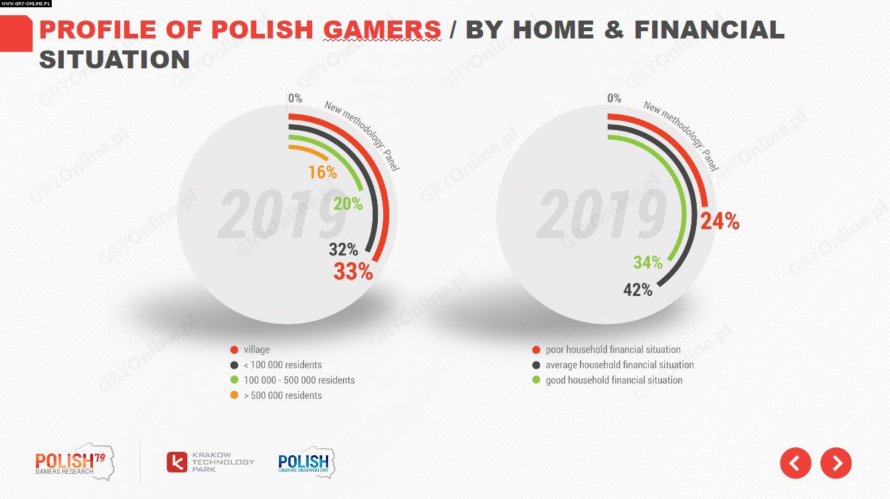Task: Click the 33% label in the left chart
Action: click(x=353, y=271)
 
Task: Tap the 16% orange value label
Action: click(x=322, y=173)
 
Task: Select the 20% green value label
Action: click(x=348, y=204)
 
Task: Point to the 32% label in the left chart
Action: click(x=343, y=249)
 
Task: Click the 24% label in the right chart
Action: click(x=719, y=220)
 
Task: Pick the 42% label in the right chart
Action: click(x=638, y=290)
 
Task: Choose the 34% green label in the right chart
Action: click(x=648, y=263)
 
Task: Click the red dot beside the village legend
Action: click(x=234, y=350)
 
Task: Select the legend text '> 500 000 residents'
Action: click(x=282, y=395)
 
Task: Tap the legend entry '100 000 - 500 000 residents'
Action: click(x=299, y=380)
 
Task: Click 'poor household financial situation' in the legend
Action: click(x=612, y=350)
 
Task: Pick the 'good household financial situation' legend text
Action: click(x=614, y=380)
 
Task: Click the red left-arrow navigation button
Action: click(x=796, y=463)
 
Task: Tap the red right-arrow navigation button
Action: click(x=836, y=463)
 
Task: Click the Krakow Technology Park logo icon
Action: click(x=177, y=462)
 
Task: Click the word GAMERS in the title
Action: click(x=382, y=30)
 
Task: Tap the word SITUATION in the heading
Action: click(x=114, y=60)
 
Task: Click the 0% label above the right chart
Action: click(x=614, y=98)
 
